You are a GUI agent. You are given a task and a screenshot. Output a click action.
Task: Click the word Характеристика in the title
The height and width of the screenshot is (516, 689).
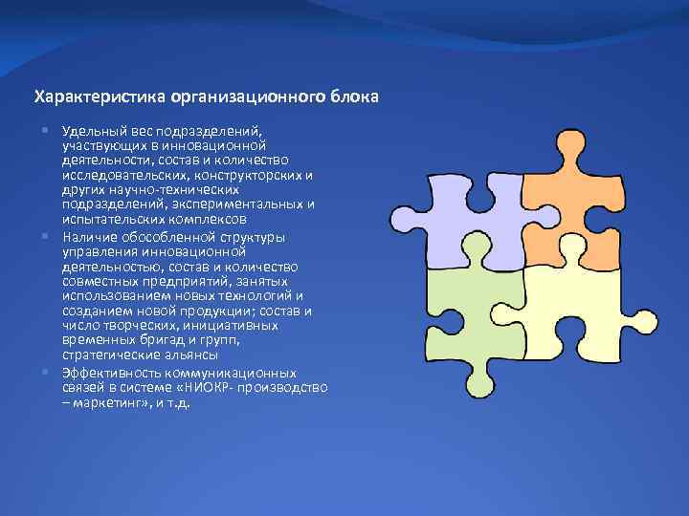click(x=100, y=97)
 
